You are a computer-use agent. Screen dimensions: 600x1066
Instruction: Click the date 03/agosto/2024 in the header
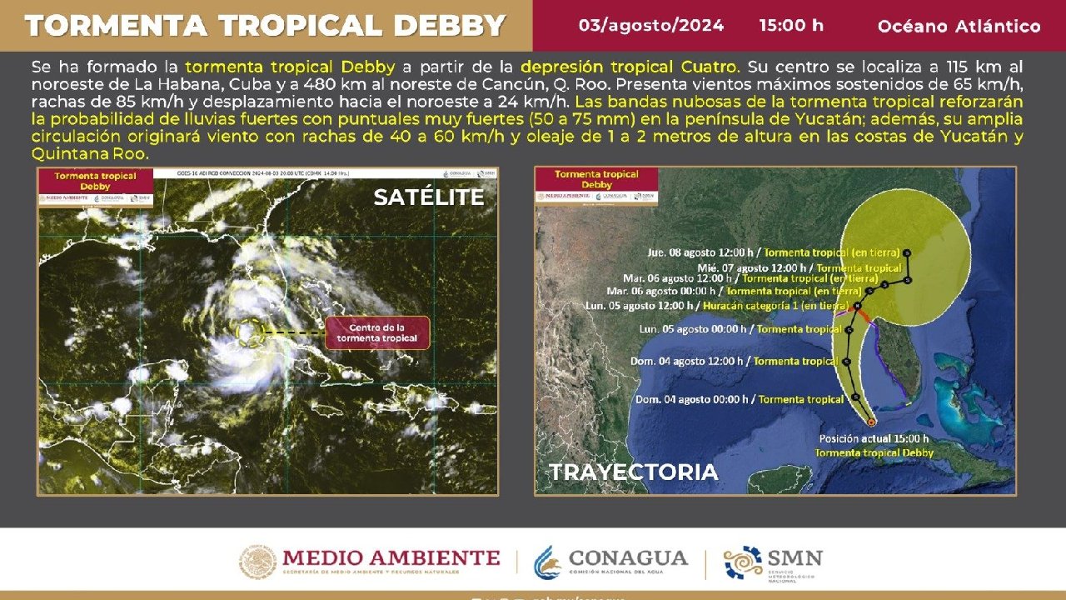pyautogui.click(x=650, y=25)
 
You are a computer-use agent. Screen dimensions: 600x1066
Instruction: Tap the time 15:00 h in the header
pyautogui.click(x=790, y=25)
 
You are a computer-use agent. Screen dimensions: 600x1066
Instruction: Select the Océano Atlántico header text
pyautogui.click(x=959, y=27)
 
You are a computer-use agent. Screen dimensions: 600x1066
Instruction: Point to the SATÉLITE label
pyautogui.click(x=428, y=197)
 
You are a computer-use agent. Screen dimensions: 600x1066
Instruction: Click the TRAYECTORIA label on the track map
pyautogui.click(x=633, y=472)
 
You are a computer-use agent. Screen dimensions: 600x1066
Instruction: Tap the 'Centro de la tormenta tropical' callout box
pyautogui.click(x=377, y=332)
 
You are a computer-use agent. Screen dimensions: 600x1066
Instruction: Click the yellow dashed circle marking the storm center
pyautogui.click(x=249, y=332)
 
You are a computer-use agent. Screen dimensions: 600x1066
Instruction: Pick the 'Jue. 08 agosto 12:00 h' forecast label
pyautogui.click(x=702, y=252)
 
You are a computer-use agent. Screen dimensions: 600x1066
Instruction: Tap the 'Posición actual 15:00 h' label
pyautogui.click(x=874, y=438)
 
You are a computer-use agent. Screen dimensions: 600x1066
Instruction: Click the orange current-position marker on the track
pyautogui.click(x=871, y=422)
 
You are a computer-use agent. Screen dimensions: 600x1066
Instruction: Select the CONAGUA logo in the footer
pyautogui.click(x=611, y=561)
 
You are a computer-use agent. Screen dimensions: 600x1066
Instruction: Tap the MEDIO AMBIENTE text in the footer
pyautogui.click(x=391, y=557)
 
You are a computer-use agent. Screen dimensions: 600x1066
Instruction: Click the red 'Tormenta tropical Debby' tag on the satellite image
pyautogui.click(x=97, y=181)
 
